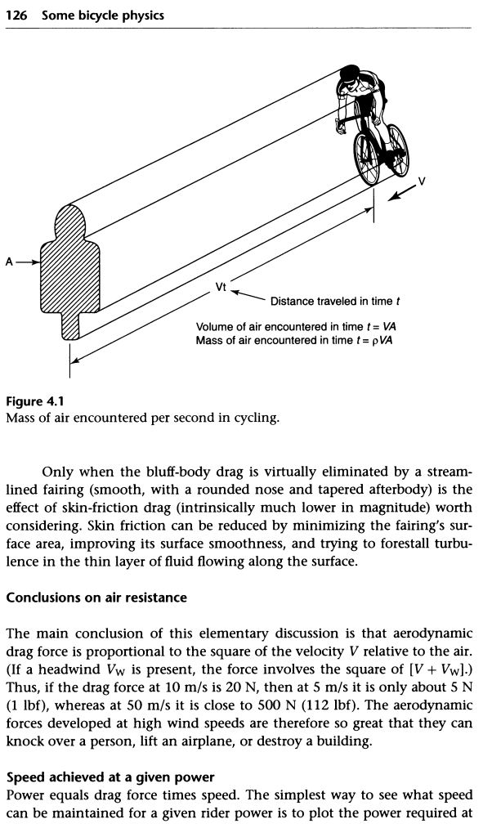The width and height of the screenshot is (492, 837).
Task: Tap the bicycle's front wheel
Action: click(x=366, y=155)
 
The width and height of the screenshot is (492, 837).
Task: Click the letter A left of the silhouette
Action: click(x=8, y=262)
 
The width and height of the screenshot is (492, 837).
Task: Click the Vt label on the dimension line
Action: click(x=221, y=288)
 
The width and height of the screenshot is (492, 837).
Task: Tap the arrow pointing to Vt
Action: click(x=248, y=294)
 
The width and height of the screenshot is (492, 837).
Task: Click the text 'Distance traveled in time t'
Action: click(x=335, y=301)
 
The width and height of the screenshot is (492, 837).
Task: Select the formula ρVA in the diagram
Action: click(x=379, y=340)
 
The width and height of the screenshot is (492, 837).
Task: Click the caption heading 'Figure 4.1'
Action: click(x=34, y=401)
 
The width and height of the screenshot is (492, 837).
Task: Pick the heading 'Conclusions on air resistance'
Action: click(x=96, y=598)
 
